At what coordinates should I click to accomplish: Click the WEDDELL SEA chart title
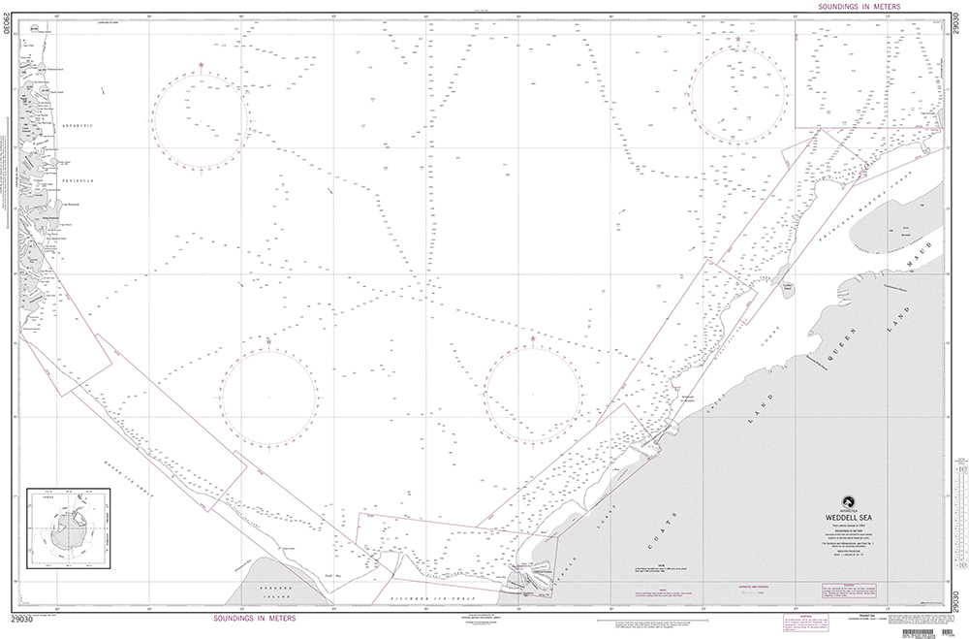853,518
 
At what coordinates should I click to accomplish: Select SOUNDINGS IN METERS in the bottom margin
252,617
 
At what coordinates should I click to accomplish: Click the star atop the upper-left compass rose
202,65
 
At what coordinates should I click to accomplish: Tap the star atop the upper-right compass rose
737,39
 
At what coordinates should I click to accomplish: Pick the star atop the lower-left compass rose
268,339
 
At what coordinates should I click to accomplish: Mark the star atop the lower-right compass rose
533,338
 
